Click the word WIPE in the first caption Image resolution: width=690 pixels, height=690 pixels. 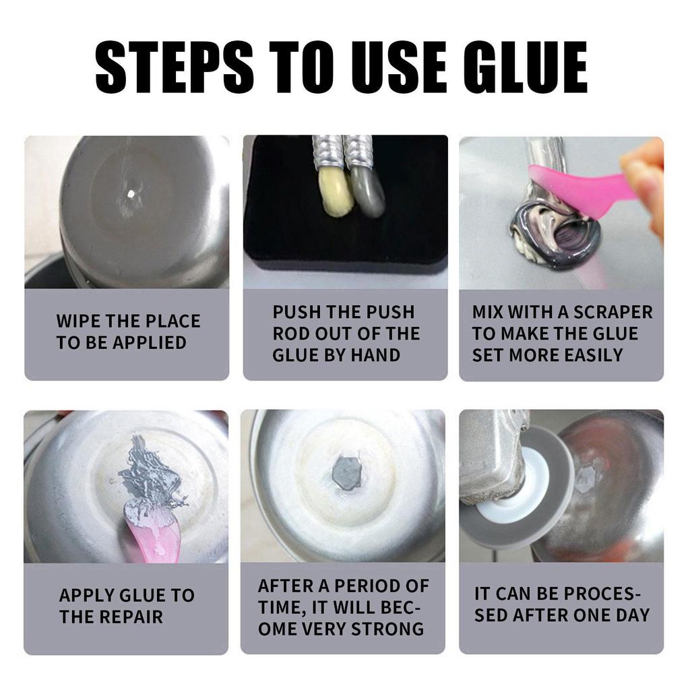click(x=80, y=321)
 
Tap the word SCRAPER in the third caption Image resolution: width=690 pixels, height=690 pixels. click(x=613, y=312)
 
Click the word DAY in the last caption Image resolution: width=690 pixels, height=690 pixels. click(x=633, y=615)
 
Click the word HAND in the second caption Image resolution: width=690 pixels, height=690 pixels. click(x=376, y=355)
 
